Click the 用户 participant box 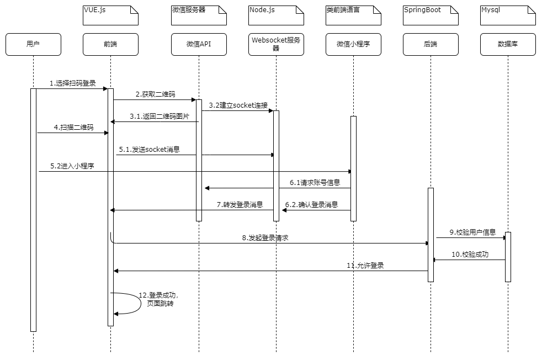pyautogui.click(x=33, y=45)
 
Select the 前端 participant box pyautogui.click(x=110, y=45)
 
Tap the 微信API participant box pyautogui.click(x=199, y=45)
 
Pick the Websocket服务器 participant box pyautogui.click(x=276, y=45)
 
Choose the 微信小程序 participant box pyautogui.click(x=353, y=45)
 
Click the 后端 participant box pyautogui.click(x=431, y=45)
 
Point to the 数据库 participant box pyautogui.click(x=508, y=45)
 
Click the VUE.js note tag pyautogui.click(x=110, y=15)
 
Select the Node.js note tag pyautogui.click(x=276, y=15)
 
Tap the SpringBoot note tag pyautogui.click(x=431, y=15)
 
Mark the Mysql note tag pyautogui.click(x=508, y=15)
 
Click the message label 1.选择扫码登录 pyautogui.click(x=72, y=83)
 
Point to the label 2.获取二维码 pyautogui.click(x=156, y=94)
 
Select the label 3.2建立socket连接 pyautogui.click(x=238, y=105)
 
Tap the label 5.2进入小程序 pyautogui.click(x=72, y=166)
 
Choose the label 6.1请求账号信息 pyautogui.click(x=315, y=183)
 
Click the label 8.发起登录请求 pyautogui.click(x=265, y=238)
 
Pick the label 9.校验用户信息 pyautogui.click(x=472, y=232)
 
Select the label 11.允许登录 pyautogui.click(x=365, y=266)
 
